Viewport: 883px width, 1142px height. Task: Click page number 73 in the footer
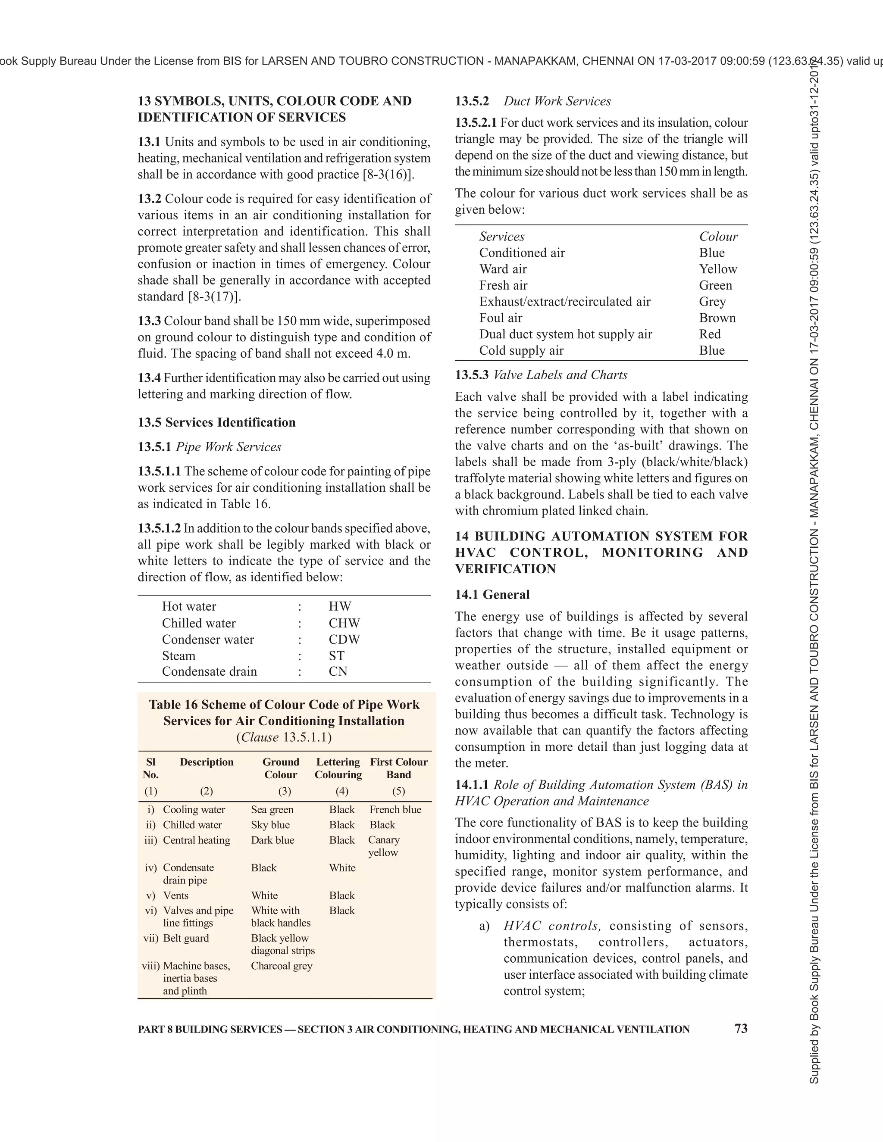click(741, 1029)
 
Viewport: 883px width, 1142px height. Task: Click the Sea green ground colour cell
click(272, 809)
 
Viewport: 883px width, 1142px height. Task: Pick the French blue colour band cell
click(395, 809)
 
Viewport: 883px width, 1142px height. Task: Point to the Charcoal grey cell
click(282, 965)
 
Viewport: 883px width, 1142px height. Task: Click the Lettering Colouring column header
click(338, 768)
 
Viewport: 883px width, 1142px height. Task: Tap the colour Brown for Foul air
click(717, 318)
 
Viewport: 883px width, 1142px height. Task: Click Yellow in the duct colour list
click(718, 269)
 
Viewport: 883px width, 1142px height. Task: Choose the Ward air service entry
click(503, 269)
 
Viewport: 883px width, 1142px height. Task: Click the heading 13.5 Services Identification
click(216, 422)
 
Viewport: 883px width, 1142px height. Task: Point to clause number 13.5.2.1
click(476, 123)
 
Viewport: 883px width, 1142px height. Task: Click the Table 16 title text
click(284, 712)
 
